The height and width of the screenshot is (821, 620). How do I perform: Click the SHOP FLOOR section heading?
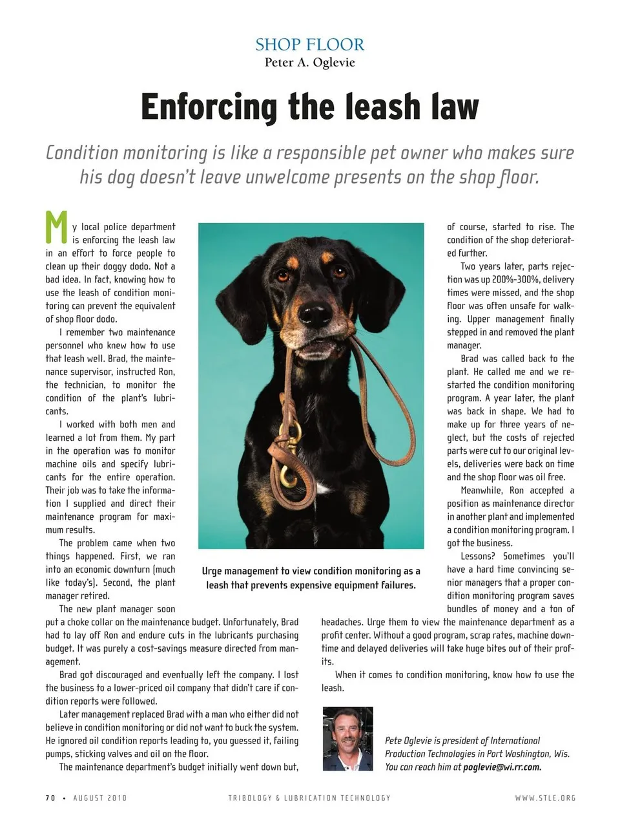point(309,45)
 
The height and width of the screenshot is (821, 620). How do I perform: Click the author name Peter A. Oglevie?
point(309,63)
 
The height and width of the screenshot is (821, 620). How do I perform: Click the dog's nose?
point(316,315)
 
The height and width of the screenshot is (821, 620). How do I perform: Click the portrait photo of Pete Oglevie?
point(347,738)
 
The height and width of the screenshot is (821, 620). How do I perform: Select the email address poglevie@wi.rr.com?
point(502,767)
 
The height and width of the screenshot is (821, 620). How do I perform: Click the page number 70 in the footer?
point(50,798)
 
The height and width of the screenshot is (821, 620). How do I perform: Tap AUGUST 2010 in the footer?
point(100,798)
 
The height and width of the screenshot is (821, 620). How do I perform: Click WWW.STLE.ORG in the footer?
point(544,798)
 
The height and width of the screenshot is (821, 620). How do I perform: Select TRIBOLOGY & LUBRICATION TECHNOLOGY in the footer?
point(309,798)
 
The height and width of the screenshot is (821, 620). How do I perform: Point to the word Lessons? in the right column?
point(479,557)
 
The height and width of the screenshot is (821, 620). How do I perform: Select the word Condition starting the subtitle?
point(82,153)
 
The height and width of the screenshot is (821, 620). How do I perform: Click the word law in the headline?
point(456,107)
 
